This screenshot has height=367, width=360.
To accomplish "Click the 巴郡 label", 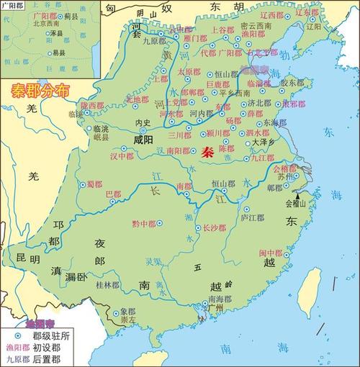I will point(114,195).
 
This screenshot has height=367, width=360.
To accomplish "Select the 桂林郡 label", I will point(107,285).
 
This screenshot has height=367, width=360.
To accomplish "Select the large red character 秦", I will point(207,153).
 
